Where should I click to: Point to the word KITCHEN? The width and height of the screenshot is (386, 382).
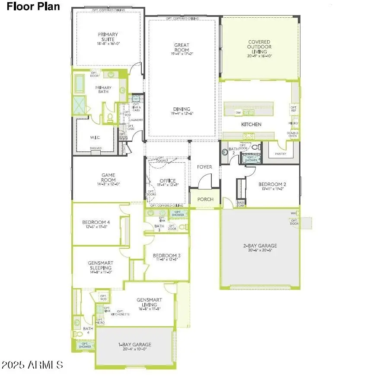251,125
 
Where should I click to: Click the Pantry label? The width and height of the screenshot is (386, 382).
281,154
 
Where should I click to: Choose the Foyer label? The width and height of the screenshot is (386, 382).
204,167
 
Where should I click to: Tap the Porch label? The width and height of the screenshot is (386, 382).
205,199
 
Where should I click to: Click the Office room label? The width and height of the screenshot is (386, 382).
167,182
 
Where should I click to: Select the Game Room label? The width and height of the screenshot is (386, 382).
108,180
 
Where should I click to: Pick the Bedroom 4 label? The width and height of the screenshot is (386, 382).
96,225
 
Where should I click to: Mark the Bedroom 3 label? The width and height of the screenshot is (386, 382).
166,257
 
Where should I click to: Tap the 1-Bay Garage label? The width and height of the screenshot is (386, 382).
135,347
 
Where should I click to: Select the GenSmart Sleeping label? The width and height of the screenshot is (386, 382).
100,267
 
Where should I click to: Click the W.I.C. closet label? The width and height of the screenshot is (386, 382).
96,138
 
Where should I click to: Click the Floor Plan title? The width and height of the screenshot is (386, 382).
33,7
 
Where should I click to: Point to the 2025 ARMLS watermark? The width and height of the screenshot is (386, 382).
32,365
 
